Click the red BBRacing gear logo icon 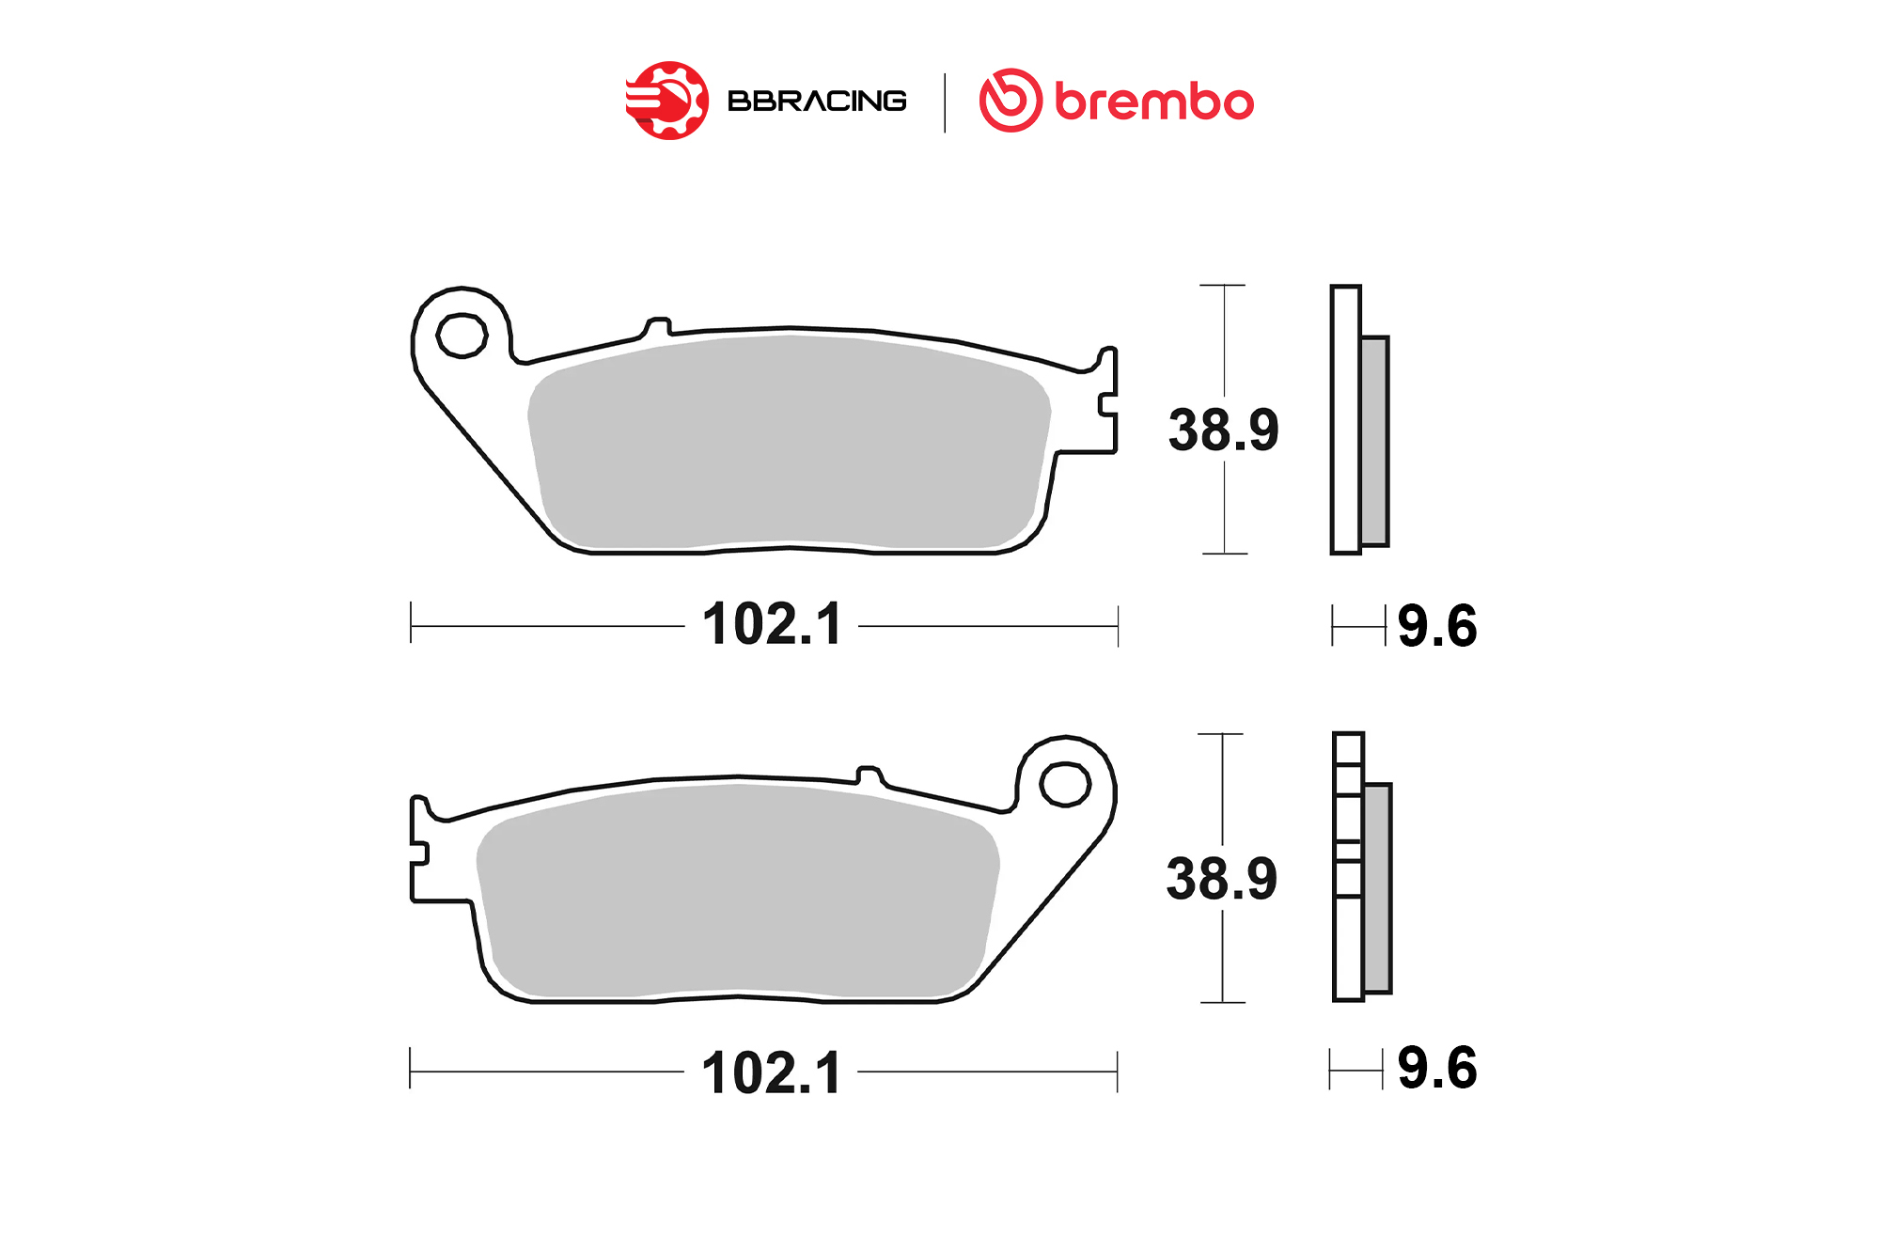[x=667, y=101]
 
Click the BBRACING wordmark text [x=817, y=101]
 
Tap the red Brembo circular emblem [x=1010, y=100]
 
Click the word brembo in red [x=1154, y=101]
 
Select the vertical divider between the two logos [x=944, y=102]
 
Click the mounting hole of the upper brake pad [x=462, y=336]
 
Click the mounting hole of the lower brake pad [x=1065, y=784]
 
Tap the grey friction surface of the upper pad [x=790, y=442]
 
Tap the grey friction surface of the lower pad [x=738, y=890]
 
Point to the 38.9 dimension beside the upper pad [x=1224, y=430]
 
